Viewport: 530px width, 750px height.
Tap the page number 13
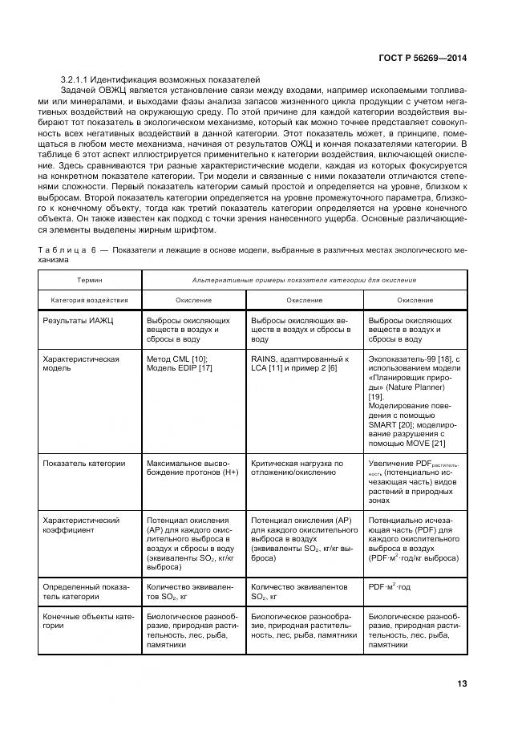[461, 683]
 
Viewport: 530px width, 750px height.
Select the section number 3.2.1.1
[77, 81]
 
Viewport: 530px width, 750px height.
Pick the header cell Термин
[89, 280]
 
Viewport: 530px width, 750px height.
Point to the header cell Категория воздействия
[89, 300]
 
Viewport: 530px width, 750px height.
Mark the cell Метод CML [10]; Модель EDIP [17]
[179, 364]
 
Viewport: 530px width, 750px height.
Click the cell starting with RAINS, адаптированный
[300, 364]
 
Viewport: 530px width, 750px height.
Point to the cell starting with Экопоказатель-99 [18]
[414, 401]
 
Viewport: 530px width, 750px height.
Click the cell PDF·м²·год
[390, 587]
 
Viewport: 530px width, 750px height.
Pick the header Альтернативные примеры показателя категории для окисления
[304, 280]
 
